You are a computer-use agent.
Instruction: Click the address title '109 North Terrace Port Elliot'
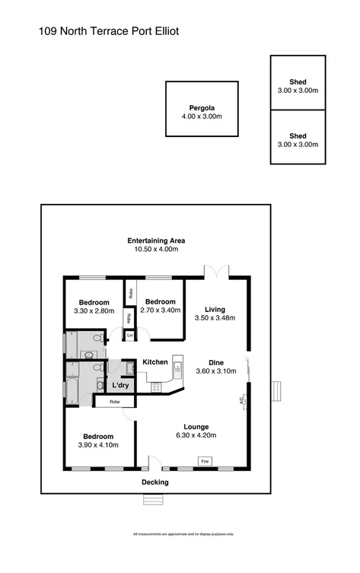click(x=108, y=32)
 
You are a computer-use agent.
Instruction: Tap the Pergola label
click(x=201, y=107)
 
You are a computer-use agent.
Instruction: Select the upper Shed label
click(x=302, y=82)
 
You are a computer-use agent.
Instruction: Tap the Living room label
click(x=214, y=309)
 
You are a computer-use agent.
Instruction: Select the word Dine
click(x=216, y=362)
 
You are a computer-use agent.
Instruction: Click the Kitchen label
click(x=155, y=361)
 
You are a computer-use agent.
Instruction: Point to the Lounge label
click(x=196, y=426)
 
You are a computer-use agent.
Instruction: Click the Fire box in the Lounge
click(x=204, y=461)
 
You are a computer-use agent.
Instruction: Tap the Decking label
click(x=155, y=482)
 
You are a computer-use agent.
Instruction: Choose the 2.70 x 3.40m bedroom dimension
click(x=161, y=310)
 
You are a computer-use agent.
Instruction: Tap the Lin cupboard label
click(x=129, y=335)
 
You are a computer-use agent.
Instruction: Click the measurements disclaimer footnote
click(x=180, y=535)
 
